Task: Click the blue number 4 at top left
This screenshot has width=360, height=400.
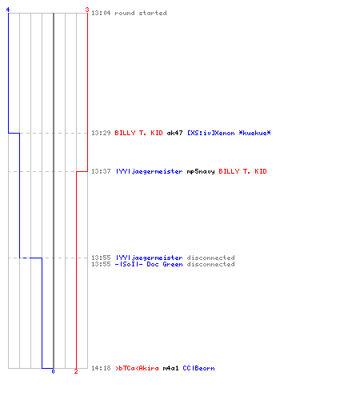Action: point(8,10)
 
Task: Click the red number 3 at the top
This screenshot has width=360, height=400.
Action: point(87,10)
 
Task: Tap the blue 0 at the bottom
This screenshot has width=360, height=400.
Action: point(53,371)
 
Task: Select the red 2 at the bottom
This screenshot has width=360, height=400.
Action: point(76,371)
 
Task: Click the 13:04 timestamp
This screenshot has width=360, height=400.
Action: point(101,13)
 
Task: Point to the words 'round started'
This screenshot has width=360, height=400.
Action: point(141,13)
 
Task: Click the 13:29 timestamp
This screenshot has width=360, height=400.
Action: point(101,133)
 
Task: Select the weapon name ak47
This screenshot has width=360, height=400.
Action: point(174,133)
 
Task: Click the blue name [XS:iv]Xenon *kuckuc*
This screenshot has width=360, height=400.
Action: point(229,133)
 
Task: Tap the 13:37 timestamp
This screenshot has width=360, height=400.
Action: point(101,171)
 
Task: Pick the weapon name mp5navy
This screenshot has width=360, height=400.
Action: point(201,171)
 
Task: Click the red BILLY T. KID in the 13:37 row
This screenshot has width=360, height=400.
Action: point(242,171)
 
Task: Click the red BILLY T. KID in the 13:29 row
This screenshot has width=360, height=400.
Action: point(138,133)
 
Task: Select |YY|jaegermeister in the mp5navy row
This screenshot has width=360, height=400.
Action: point(149,171)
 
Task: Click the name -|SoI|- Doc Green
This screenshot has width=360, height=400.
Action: point(149,264)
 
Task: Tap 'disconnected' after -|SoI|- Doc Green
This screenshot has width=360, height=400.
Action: point(210,264)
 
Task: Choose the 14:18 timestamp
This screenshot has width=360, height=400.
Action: point(101,368)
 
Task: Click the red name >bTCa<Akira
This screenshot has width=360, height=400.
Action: point(137,368)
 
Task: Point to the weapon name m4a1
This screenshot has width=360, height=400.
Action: point(170,368)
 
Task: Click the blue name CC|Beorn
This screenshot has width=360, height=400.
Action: point(198,368)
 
